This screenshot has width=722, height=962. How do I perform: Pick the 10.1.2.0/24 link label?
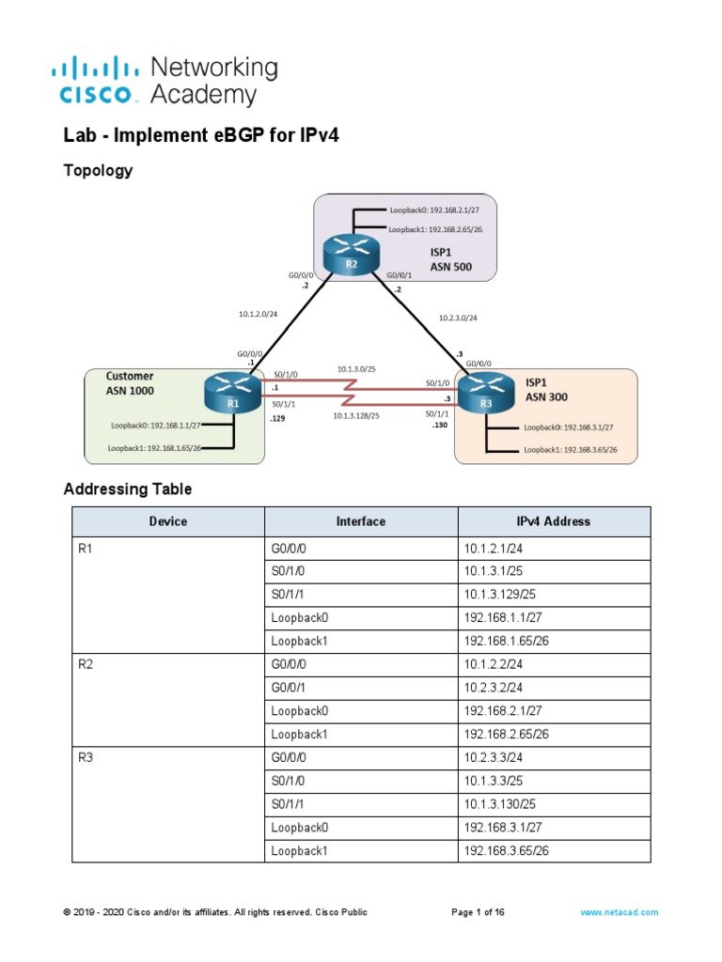(258, 314)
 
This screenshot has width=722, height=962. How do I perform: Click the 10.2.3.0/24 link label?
(458, 318)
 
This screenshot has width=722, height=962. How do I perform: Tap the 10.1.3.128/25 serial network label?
(356, 415)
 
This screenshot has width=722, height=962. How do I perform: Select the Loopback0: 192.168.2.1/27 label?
(441, 210)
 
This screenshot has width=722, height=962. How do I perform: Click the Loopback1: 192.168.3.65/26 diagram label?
(570, 450)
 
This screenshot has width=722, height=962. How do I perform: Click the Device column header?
(168, 521)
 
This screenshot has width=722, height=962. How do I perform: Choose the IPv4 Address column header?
(554, 521)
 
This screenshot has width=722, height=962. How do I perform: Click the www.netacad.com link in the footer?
(620, 912)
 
